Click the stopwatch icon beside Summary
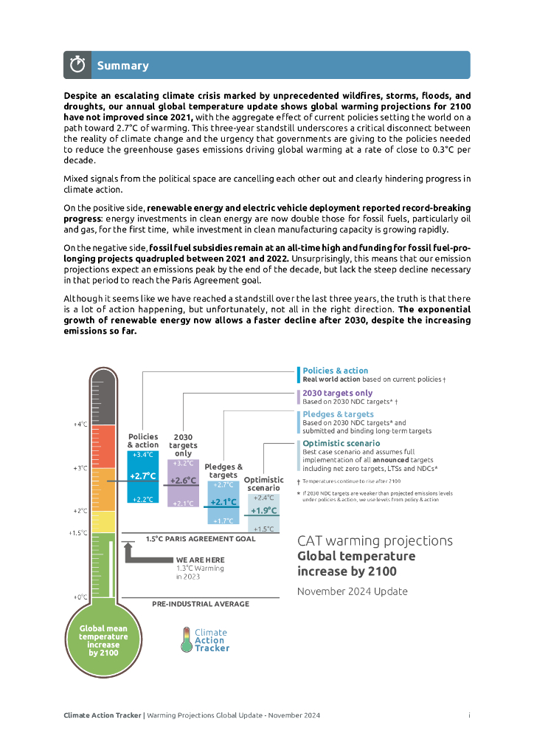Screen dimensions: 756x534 click(x=78, y=65)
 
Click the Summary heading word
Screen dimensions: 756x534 click(x=122, y=66)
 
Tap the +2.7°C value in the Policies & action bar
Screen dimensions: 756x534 click(x=143, y=476)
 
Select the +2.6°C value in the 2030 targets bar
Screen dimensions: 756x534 click(x=183, y=481)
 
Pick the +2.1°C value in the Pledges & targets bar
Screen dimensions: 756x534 click(x=223, y=502)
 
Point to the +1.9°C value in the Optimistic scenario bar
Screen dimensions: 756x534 click(x=263, y=510)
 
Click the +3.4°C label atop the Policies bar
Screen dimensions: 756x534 click(x=143, y=455)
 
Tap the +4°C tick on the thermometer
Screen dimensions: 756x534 click(x=80, y=425)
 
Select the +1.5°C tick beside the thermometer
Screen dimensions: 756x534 click(x=79, y=532)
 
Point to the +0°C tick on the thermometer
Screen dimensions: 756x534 click(x=80, y=597)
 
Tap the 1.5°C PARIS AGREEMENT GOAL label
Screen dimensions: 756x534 click(x=201, y=539)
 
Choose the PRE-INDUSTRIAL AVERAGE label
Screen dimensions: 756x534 click(x=201, y=604)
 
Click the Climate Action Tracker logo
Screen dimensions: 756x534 click(x=205, y=640)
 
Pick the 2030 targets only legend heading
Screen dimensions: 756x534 click(x=338, y=393)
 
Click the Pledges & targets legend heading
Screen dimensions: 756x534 click(x=339, y=414)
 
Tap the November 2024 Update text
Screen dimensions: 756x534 click(x=352, y=591)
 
